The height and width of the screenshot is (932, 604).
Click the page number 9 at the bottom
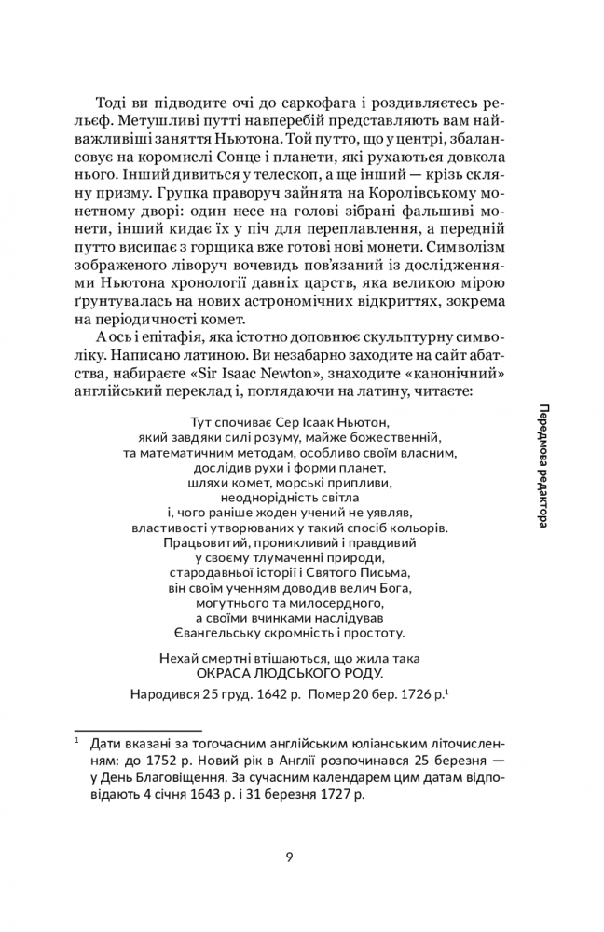[x=289, y=857]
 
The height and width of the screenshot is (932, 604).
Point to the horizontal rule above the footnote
[x=137, y=730]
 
